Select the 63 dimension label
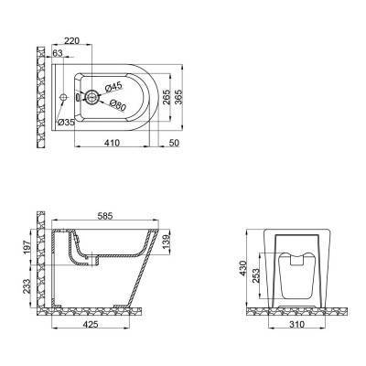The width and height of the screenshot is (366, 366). coord(58,56)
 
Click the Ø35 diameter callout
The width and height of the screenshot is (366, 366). coord(66,122)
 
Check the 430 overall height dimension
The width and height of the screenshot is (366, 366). coord(243,269)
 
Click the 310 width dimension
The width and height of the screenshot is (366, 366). coord(294,323)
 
